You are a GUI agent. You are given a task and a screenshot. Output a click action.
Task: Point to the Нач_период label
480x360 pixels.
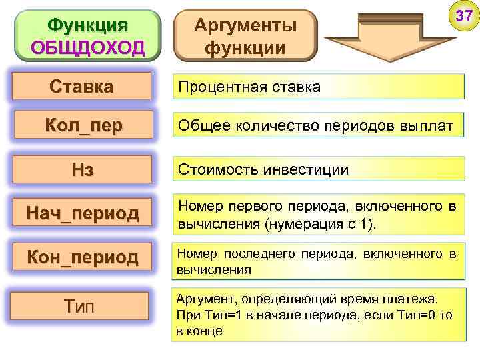(x=82, y=213)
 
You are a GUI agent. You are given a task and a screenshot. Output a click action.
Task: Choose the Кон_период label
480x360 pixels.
(x=82, y=257)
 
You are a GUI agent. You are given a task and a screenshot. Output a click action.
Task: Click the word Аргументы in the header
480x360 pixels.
(x=245, y=26)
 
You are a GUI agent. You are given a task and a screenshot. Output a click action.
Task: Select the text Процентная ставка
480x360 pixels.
(x=248, y=87)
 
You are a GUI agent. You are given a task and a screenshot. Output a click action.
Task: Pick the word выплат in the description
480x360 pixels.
(x=429, y=125)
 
